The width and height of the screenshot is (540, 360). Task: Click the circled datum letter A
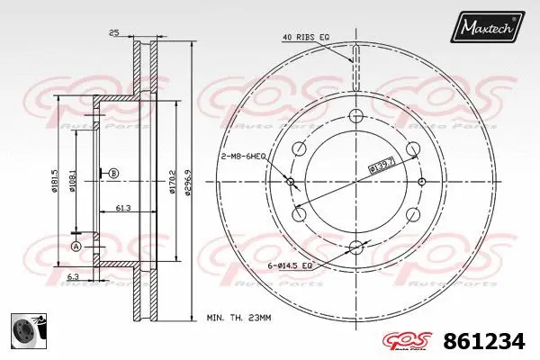pyautogui.click(x=76, y=246)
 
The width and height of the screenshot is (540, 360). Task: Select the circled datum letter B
pyautogui.click(x=113, y=173)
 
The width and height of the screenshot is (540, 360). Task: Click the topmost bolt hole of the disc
pyautogui.click(x=355, y=115)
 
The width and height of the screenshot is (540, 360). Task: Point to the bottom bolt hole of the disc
pyautogui.click(x=355, y=247)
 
